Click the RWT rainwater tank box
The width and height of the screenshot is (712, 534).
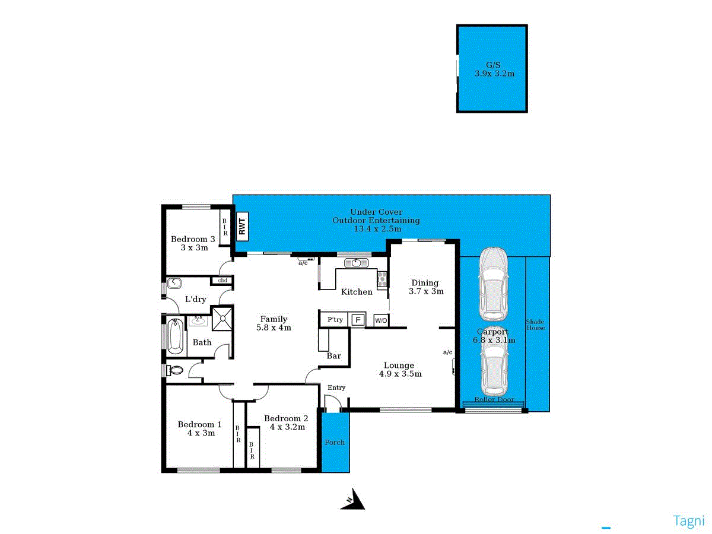[242, 226]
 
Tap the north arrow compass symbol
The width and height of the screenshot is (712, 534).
[354, 500]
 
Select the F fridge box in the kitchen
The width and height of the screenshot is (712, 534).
[357, 320]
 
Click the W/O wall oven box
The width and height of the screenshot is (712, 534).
[381, 320]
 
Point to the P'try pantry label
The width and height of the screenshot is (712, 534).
[335, 320]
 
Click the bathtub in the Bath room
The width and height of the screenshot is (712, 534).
[175, 336]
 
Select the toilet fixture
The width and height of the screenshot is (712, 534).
[175, 370]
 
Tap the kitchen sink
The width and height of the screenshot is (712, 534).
[357, 263]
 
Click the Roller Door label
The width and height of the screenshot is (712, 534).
[494, 400]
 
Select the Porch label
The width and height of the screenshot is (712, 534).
[335, 442]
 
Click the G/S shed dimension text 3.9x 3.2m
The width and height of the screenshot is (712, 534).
[494, 74]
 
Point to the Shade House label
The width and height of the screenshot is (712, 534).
[535, 325]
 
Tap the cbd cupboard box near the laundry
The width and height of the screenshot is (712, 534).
[223, 280]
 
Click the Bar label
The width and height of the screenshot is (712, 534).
[334, 356]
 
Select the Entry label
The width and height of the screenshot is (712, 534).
[336, 387]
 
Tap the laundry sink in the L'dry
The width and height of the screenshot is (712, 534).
[174, 283]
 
